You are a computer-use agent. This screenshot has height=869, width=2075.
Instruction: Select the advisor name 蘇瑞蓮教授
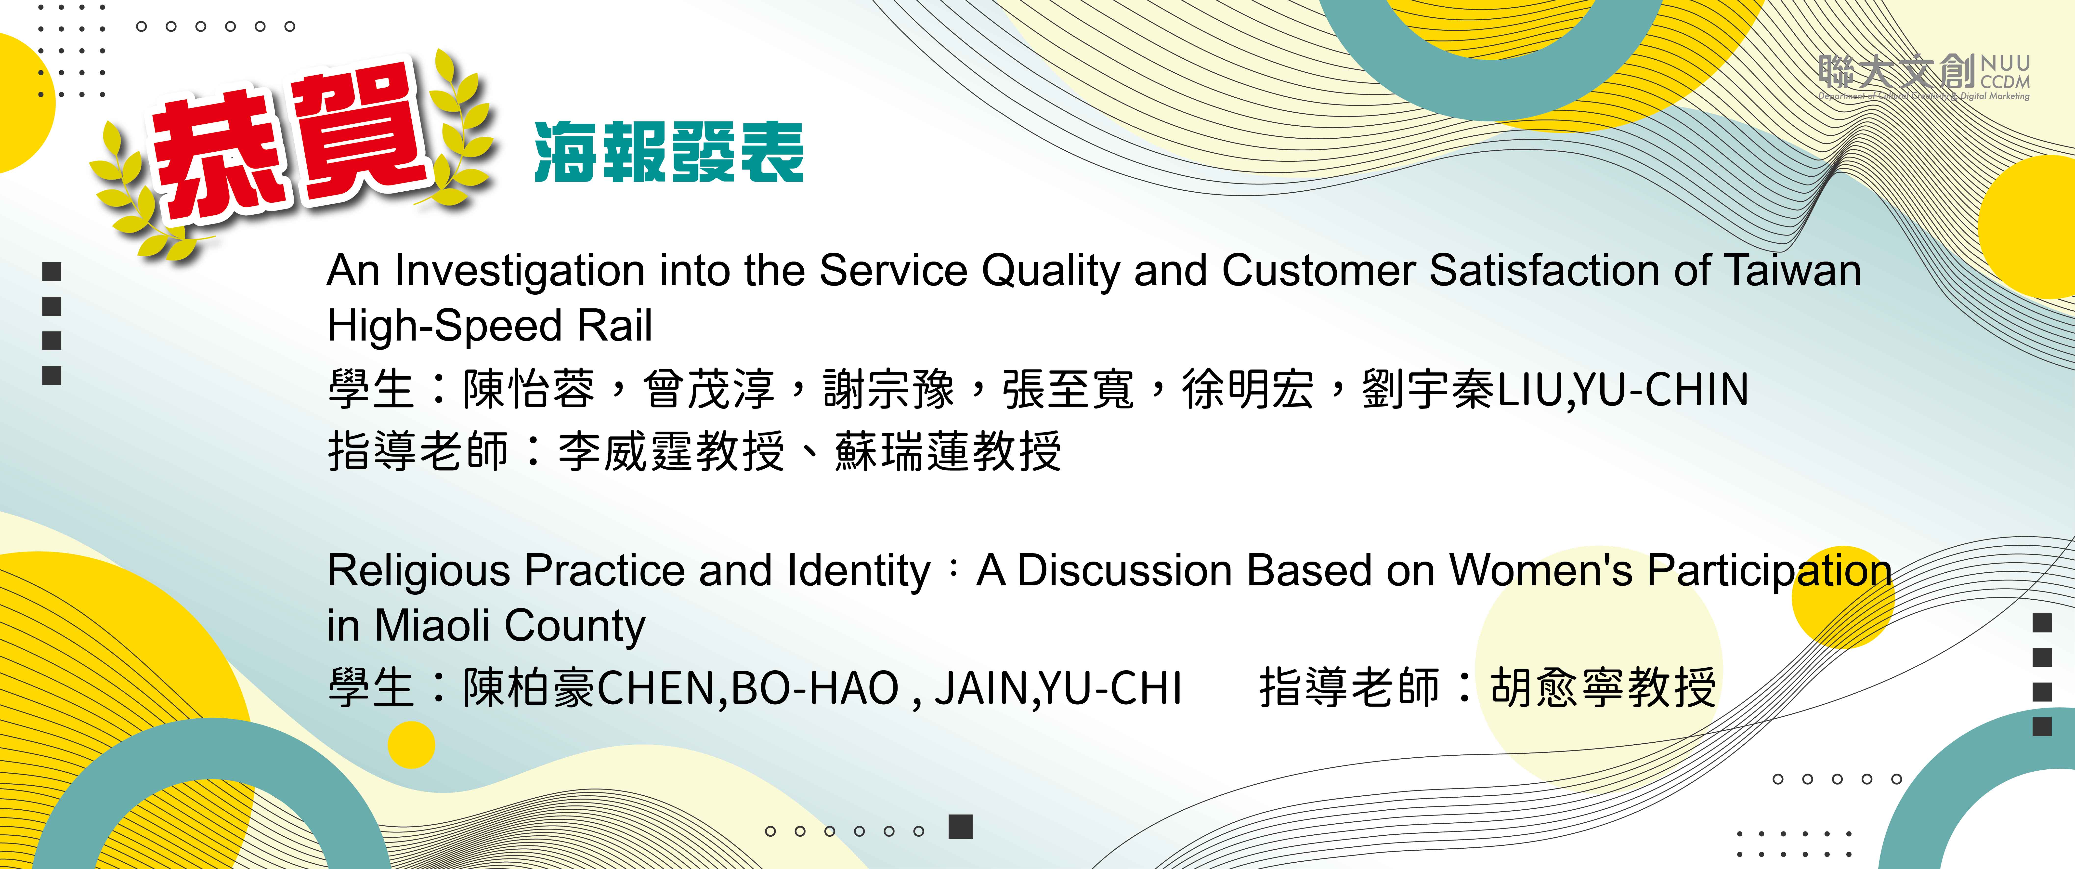[948, 451]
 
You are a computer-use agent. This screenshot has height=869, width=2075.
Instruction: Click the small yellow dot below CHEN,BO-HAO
[411, 745]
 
